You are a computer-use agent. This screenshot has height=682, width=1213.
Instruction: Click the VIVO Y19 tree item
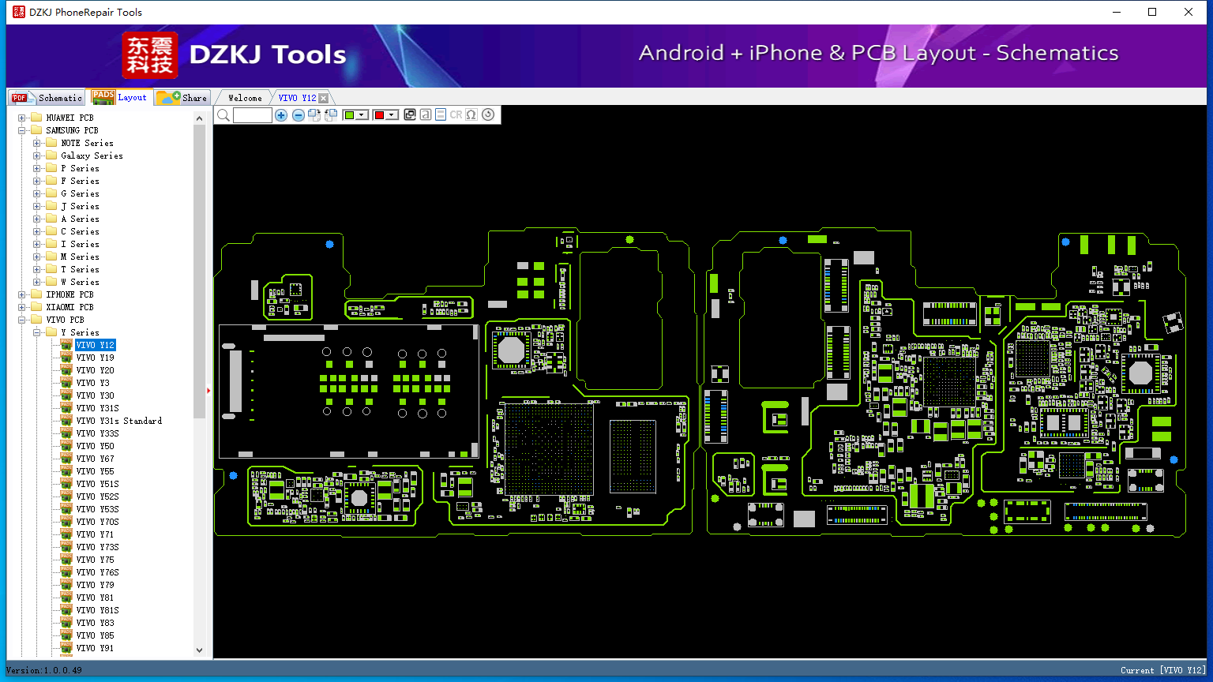coord(95,358)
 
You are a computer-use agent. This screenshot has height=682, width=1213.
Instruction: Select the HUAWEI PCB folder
coord(69,118)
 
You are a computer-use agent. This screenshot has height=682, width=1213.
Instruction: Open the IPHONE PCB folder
coord(69,294)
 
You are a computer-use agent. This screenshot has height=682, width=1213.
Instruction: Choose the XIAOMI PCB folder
coord(69,307)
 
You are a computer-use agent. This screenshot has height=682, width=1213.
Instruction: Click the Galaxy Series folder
coord(92,156)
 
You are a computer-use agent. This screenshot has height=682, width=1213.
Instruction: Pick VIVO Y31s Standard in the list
coord(118,421)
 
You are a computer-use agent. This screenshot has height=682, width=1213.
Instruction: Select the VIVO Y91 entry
coord(95,648)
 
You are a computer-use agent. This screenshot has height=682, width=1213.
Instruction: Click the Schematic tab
coord(47,98)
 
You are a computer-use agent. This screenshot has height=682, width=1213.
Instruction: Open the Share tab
coord(182,98)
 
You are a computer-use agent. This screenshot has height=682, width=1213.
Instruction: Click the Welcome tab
coord(245,98)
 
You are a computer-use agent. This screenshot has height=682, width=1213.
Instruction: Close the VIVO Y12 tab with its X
coord(323,98)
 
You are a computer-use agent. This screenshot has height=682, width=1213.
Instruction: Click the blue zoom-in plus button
coord(281,114)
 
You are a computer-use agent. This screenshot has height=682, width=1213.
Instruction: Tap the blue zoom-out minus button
coord(298,114)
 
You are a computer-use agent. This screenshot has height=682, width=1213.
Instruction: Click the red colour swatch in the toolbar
coord(380,114)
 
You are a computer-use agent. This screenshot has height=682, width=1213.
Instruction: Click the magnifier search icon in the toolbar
coord(223,114)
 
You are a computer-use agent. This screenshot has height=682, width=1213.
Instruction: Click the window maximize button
coord(1152,12)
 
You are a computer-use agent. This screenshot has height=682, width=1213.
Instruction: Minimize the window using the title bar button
coord(1117,12)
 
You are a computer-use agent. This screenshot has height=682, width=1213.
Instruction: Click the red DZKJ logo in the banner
coord(150,55)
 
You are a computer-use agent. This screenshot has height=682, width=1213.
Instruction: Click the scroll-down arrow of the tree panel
coord(199,650)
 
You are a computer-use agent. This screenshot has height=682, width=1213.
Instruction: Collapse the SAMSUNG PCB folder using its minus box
coord(21,130)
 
